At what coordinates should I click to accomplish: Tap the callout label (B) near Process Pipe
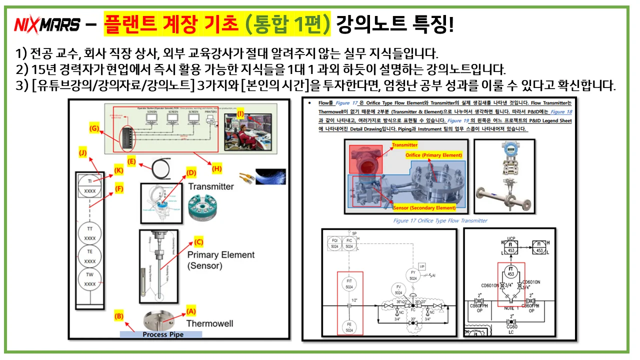pos(118,316)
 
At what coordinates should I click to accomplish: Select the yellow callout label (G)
pos(93,128)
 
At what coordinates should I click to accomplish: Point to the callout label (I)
pos(240,114)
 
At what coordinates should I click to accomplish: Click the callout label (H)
pos(217,169)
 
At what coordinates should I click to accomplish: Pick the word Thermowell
pos(209,323)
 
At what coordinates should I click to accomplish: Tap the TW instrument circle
pos(90,279)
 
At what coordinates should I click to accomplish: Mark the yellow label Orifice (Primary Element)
pos(433,155)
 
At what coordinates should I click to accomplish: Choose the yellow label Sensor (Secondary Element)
pos(424,207)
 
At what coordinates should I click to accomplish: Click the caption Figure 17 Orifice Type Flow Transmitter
pos(440,220)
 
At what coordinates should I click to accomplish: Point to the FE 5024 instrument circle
pos(349,327)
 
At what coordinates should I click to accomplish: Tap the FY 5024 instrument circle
pos(413,274)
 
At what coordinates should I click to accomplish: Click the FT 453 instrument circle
pos(511,271)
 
